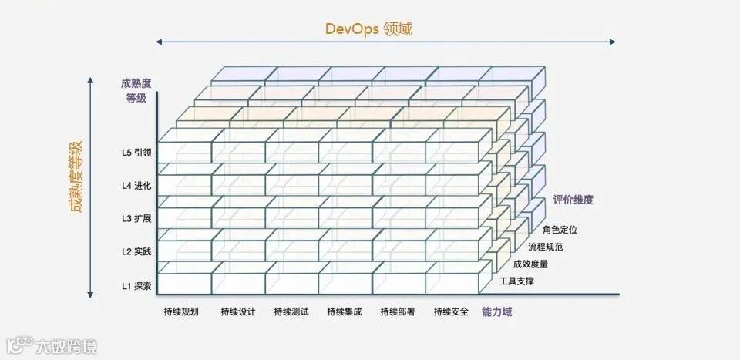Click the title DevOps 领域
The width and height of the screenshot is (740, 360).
tap(368, 29)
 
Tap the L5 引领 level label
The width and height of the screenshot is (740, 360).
tap(136, 153)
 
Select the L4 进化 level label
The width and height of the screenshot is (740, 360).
tap(136, 186)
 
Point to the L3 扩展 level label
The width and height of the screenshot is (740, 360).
tap(136, 219)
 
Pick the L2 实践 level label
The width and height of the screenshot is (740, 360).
tap(136, 252)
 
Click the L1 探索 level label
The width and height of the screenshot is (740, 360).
tap(136, 286)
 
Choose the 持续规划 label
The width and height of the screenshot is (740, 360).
tap(181, 312)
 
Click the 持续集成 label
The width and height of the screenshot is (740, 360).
tap(344, 312)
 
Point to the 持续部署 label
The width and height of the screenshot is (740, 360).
tap(397, 312)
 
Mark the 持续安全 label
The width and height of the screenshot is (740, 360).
tap(451, 312)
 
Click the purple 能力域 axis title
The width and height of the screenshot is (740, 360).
tap(497, 312)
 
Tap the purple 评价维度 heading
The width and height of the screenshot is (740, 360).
tap(573, 200)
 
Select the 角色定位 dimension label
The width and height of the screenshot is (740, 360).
tap(560, 229)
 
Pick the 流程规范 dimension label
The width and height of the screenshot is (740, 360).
tap(546, 247)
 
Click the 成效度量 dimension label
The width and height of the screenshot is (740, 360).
tap(531, 264)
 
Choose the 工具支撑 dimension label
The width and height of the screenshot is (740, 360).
tap(516, 281)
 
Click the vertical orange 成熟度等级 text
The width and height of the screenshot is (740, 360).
tap(76, 176)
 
